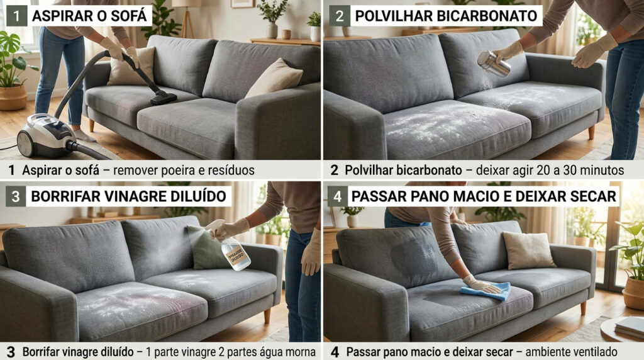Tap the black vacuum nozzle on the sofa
[x=162, y=97]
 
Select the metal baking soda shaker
[x=494, y=64]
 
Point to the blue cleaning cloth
[x=486, y=291]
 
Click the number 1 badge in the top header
[x=16, y=16]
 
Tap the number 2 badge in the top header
[x=340, y=16]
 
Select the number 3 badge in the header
[x=16, y=196]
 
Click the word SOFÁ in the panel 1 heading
[x=128, y=16]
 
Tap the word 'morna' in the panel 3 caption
[x=299, y=351]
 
